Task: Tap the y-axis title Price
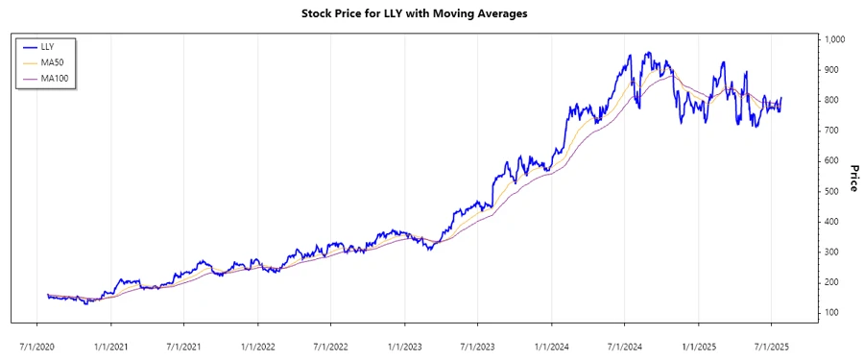[x=853, y=178]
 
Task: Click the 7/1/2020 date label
[x=36, y=340]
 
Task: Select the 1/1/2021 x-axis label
[x=110, y=340]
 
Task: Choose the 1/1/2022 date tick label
[x=257, y=340]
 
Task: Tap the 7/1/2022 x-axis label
[x=330, y=340]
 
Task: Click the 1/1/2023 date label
[x=405, y=340]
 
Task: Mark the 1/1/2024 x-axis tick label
[x=552, y=340]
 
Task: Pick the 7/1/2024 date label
[x=625, y=340]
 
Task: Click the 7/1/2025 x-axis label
[x=772, y=340]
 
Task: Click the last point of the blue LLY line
[x=780, y=98]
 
